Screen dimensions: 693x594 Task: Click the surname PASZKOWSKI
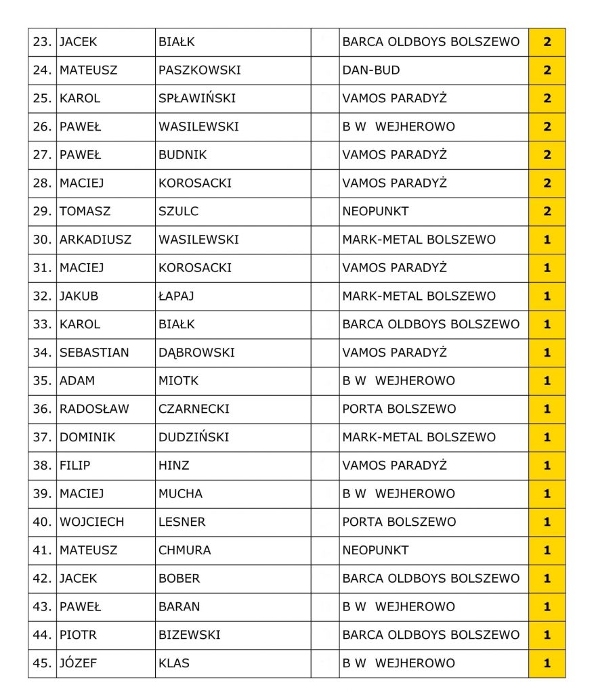199,70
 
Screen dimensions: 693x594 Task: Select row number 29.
42,211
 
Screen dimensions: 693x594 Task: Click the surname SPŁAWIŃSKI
196,98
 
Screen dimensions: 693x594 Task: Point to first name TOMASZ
85,211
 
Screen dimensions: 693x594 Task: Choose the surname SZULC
178,211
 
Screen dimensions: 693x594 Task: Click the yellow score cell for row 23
547,42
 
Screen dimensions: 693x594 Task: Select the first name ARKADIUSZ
95,240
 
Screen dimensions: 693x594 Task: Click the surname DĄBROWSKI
196,353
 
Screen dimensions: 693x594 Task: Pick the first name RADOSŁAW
94,409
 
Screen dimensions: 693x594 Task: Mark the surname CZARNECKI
194,409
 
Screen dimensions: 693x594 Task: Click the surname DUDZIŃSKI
193,437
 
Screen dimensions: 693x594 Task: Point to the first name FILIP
75,466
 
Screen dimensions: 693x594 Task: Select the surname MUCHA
180,493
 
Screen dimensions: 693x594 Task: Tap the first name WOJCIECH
91,522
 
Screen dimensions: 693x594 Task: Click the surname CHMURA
184,550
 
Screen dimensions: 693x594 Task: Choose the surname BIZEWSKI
189,635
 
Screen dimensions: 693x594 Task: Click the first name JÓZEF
78,663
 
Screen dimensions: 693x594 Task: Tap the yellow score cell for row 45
547,663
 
